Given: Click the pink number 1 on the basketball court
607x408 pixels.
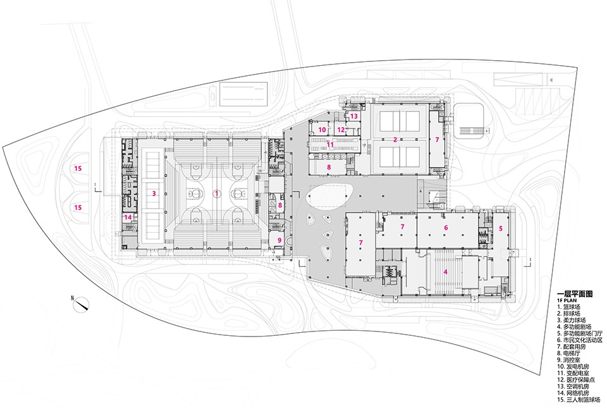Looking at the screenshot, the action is [217, 193].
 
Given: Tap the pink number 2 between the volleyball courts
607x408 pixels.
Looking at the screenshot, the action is [395, 140].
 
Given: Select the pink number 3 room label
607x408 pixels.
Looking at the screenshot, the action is [154, 193].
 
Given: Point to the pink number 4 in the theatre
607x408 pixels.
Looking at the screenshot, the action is [446, 272].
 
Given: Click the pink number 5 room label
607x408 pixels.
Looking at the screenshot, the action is [501, 228].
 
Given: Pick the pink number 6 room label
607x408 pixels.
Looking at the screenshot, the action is [446, 228].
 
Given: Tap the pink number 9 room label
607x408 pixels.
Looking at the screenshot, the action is [279, 240].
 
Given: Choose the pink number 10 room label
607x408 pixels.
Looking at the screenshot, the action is [322, 130].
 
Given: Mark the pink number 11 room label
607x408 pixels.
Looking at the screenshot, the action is [330, 145].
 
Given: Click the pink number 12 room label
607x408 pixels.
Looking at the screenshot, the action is [341, 130].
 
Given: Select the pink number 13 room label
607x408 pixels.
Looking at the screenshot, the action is [354, 116].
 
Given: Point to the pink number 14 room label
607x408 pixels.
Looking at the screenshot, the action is [128, 217].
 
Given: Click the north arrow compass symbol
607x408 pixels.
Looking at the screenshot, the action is [82, 303].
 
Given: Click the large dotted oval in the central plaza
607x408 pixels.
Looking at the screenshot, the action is [328, 195].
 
